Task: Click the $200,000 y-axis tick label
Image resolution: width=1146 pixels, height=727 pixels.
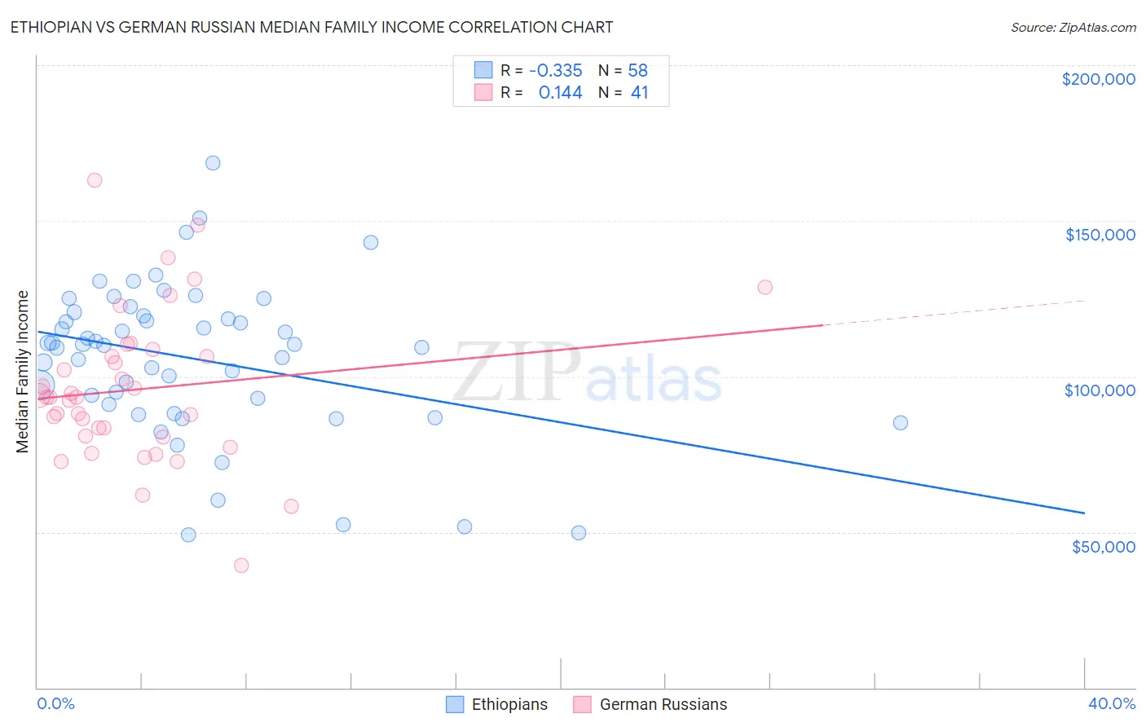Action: (1098, 79)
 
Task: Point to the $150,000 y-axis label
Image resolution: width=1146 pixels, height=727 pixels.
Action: (1100, 235)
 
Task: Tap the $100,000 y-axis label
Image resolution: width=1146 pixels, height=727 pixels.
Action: (1100, 390)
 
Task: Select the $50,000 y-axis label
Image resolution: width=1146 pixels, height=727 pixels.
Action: (1103, 546)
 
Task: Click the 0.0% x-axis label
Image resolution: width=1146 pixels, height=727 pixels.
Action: (55, 703)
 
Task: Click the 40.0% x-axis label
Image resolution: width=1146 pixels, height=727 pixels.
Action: (1111, 703)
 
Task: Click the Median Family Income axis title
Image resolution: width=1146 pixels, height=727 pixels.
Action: (23, 371)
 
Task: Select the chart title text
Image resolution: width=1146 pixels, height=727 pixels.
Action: (311, 27)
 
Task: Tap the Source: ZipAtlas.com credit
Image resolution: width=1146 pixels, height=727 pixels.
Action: (1073, 27)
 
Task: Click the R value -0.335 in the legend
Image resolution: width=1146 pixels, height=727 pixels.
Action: (555, 70)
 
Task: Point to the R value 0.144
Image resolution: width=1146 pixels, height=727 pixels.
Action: (560, 93)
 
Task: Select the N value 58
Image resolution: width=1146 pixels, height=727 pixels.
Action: (637, 70)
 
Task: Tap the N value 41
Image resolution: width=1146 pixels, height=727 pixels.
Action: (639, 93)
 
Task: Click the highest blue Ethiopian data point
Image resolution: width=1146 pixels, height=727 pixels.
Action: (213, 163)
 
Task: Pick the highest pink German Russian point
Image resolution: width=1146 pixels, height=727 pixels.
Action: (95, 180)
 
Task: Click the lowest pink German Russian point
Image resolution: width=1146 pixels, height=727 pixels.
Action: (241, 566)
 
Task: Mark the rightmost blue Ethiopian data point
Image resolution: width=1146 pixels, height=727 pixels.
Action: (900, 423)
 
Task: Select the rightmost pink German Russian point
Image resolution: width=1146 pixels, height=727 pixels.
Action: (765, 287)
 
